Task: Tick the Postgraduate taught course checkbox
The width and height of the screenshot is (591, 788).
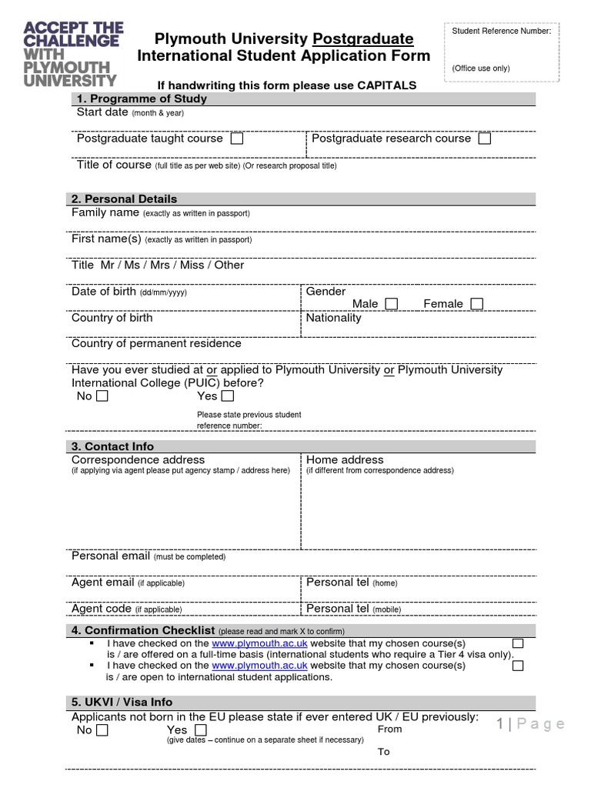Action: tap(236, 139)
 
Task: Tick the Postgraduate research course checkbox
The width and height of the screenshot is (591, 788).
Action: tap(484, 139)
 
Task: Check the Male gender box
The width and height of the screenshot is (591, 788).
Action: tap(392, 304)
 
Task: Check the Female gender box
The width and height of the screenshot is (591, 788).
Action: tap(477, 304)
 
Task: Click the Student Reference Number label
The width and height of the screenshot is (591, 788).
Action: tap(501, 32)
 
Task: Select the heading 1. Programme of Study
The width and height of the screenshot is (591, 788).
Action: tap(142, 98)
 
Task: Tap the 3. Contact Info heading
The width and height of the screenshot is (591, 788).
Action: tap(115, 446)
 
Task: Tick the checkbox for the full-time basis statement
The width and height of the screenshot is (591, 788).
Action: tap(518, 643)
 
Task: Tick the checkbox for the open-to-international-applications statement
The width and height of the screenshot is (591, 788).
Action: tap(518, 666)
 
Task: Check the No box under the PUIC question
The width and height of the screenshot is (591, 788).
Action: tap(102, 396)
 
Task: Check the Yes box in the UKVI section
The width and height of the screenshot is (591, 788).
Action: tap(200, 730)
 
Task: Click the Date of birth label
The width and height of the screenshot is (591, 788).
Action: tap(103, 292)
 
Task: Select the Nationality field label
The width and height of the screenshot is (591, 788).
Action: tap(333, 318)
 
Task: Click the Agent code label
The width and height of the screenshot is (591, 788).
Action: tap(102, 609)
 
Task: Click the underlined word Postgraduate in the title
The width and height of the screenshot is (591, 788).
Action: tap(363, 38)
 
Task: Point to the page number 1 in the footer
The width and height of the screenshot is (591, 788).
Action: tap(501, 723)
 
